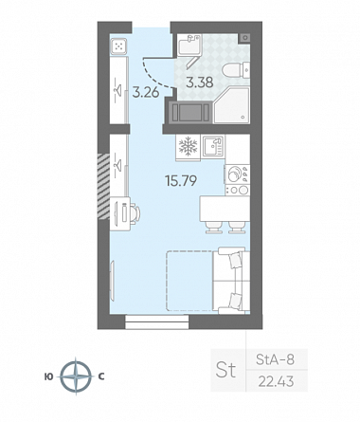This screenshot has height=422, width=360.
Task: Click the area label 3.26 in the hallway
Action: coord(146,93)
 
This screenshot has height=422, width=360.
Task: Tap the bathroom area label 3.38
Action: coord(200,83)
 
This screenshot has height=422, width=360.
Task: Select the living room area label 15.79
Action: coord(181,180)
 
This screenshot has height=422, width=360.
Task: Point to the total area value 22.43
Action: coord(276,381)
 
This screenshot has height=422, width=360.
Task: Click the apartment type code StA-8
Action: coord(275,359)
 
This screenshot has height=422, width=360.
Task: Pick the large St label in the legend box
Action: coord(225,370)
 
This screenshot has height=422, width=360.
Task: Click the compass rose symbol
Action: coord(76,376)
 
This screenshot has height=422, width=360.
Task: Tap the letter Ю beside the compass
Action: coord(49,376)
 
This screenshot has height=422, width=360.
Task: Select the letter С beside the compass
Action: coord(101,376)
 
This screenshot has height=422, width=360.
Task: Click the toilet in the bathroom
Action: coord(236,70)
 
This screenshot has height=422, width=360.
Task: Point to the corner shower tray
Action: coord(231,105)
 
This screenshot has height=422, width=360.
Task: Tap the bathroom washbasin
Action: coord(189,46)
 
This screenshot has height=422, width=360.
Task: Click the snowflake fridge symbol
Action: coord(188,146)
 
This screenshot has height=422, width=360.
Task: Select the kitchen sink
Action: coord(213,146)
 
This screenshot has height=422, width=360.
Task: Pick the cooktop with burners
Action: coord(237,179)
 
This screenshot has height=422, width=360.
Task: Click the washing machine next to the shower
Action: coord(189,112)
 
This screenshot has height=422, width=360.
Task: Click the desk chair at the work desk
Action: coord(135,213)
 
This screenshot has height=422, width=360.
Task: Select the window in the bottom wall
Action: coord(156,321)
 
